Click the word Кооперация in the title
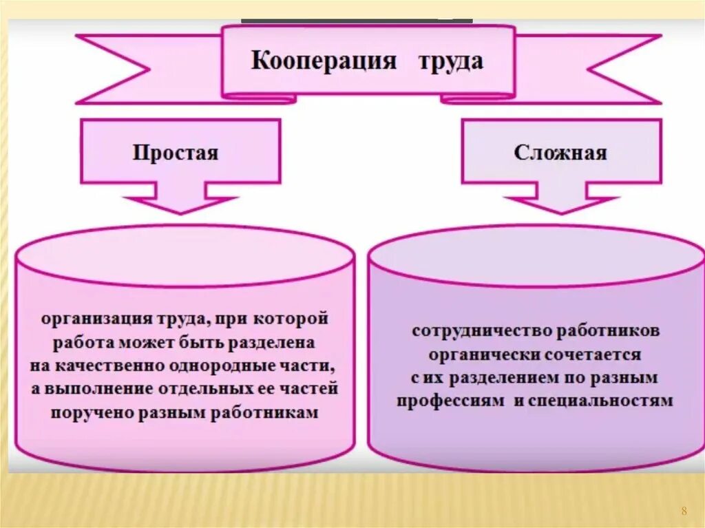click(x=324, y=61)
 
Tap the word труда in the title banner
click(x=451, y=61)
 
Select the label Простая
click(x=176, y=152)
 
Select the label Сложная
click(x=560, y=152)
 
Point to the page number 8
click(x=684, y=510)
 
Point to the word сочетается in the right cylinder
click(x=592, y=355)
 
